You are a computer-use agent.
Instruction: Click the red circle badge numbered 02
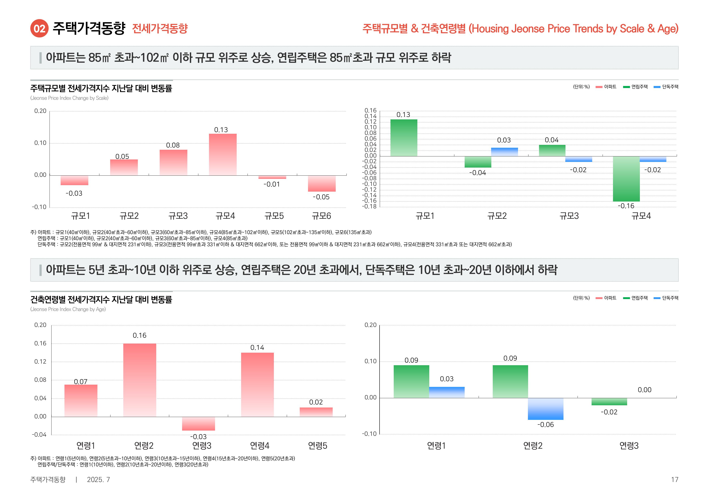tap(39, 29)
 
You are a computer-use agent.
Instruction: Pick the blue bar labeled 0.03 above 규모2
tap(504, 152)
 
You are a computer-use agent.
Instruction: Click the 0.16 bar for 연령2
tap(140, 380)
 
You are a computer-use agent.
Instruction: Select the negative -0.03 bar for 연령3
tap(198, 423)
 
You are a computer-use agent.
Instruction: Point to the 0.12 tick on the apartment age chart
tap(40, 361)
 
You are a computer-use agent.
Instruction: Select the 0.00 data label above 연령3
tap(645, 390)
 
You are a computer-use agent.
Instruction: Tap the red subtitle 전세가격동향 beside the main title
tap(160, 29)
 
